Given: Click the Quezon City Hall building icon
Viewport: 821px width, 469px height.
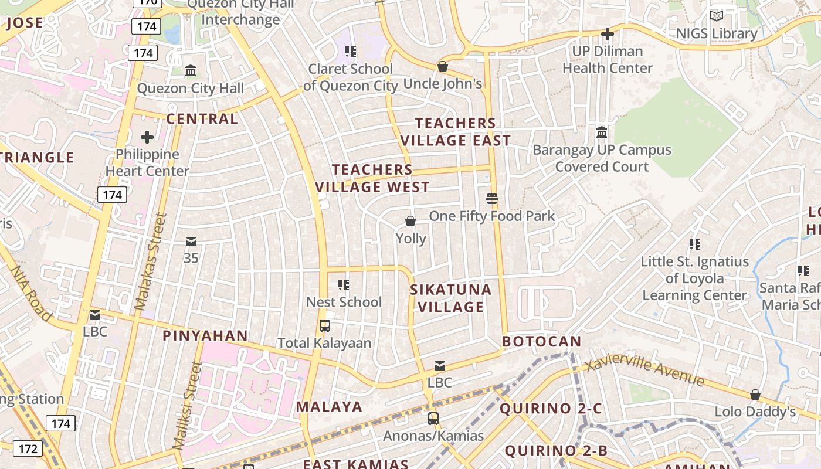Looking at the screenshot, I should [x=191, y=71].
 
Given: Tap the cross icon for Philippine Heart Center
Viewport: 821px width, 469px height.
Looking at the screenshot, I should [x=147, y=137].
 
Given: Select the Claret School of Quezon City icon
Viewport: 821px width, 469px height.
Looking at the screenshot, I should [x=350, y=52].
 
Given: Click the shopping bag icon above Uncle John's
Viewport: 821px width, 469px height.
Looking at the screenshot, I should [x=443, y=66].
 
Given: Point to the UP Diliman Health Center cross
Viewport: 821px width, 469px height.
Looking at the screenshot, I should [x=608, y=34].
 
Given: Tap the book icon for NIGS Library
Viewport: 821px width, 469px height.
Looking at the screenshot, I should [x=717, y=16].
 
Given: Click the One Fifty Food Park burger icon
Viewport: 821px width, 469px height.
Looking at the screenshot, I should [x=492, y=199].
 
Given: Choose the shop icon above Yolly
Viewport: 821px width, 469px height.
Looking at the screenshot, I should [x=410, y=221].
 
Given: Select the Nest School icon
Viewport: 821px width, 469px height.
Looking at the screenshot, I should [x=344, y=285].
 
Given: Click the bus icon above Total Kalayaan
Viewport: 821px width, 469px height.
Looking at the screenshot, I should [x=324, y=326].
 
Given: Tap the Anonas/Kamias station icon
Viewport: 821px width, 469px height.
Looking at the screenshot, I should [x=433, y=419].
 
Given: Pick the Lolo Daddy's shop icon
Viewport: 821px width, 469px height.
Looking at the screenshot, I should [x=755, y=395].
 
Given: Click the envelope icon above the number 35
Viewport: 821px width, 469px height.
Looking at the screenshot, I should [x=191, y=242].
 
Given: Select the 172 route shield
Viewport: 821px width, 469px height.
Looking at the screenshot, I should [x=27, y=449].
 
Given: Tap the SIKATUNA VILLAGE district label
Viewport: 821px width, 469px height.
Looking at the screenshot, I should [x=450, y=298].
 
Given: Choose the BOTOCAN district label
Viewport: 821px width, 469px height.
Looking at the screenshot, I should [x=541, y=341].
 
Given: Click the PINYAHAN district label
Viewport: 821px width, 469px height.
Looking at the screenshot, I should [x=205, y=335].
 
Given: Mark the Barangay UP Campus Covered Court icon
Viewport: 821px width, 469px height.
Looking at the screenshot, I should [x=602, y=132].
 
